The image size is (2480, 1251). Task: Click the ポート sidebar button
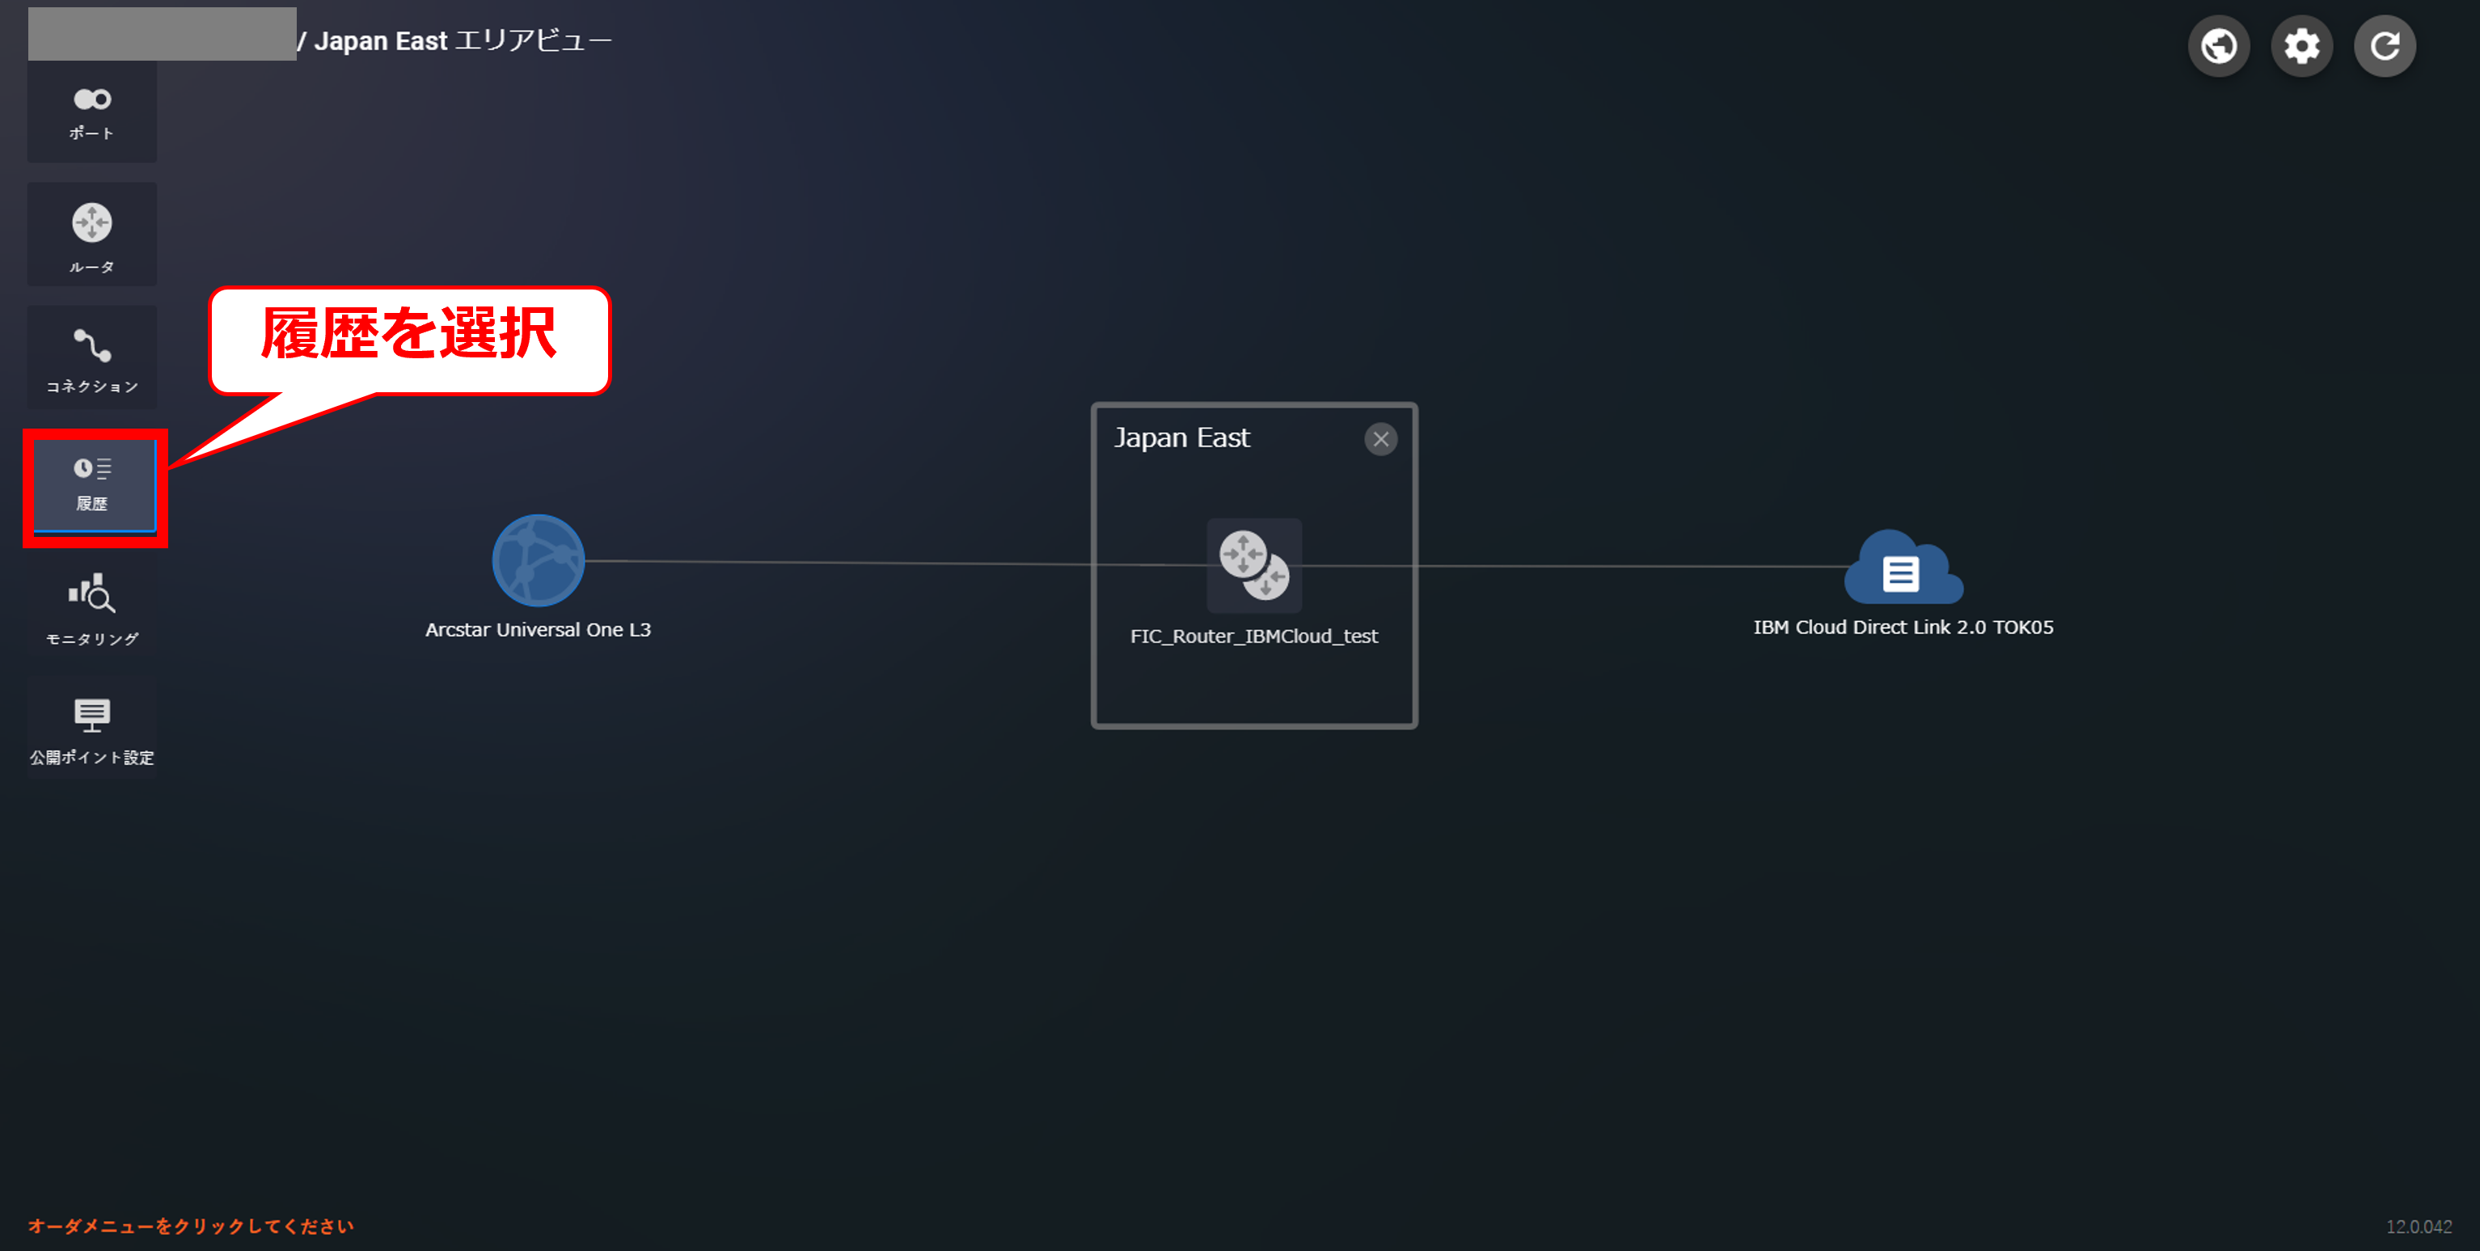92,112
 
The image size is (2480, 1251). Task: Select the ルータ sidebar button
92,234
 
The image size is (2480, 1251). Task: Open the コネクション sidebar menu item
92,357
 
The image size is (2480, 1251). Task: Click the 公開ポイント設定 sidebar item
92,729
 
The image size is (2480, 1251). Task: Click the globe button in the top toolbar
2218,45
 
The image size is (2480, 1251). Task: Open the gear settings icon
2301,45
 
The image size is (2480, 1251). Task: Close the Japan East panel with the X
1380,439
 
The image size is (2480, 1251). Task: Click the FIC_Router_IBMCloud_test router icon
1254,565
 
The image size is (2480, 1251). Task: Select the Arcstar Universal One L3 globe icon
539,560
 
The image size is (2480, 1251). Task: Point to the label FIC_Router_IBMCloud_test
1253,636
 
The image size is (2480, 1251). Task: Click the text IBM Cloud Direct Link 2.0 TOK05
1903,627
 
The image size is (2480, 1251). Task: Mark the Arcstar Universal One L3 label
539,629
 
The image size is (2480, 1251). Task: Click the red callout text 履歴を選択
409,334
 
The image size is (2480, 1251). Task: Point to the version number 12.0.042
2419,1226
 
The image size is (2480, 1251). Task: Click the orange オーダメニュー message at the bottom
191,1226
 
